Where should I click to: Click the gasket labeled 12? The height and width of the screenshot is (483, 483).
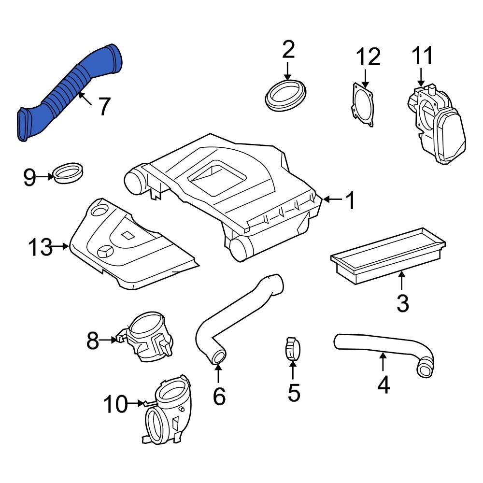363,104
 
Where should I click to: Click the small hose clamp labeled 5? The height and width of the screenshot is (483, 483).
293,349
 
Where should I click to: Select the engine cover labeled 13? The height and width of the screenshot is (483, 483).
130,246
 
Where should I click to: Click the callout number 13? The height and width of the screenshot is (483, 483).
40,248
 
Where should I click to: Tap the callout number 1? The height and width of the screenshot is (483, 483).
350,200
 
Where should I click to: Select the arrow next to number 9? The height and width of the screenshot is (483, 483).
46,177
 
